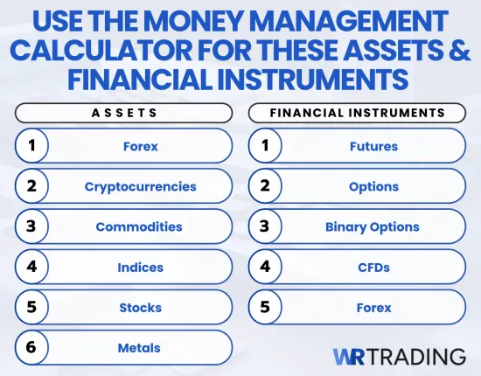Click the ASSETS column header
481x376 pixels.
(x=123, y=112)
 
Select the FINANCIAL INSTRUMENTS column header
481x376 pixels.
(x=358, y=112)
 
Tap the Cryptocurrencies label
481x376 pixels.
(x=140, y=186)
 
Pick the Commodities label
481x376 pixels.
(x=139, y=226)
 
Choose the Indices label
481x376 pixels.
(x=140, y=268)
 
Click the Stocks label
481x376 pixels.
(x=140, y=308)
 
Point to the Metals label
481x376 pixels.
(x=140, y=348)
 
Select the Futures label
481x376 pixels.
(x=373, y=146)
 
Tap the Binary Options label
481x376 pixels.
(x=373, y=226)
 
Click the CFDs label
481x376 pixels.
(x=373, y=268)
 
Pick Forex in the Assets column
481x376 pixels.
(x=140, y=146)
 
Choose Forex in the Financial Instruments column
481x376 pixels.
(x=373, y=308)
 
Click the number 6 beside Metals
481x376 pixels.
(x=31, y=348)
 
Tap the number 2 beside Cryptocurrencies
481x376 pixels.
(x=31, y=186)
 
